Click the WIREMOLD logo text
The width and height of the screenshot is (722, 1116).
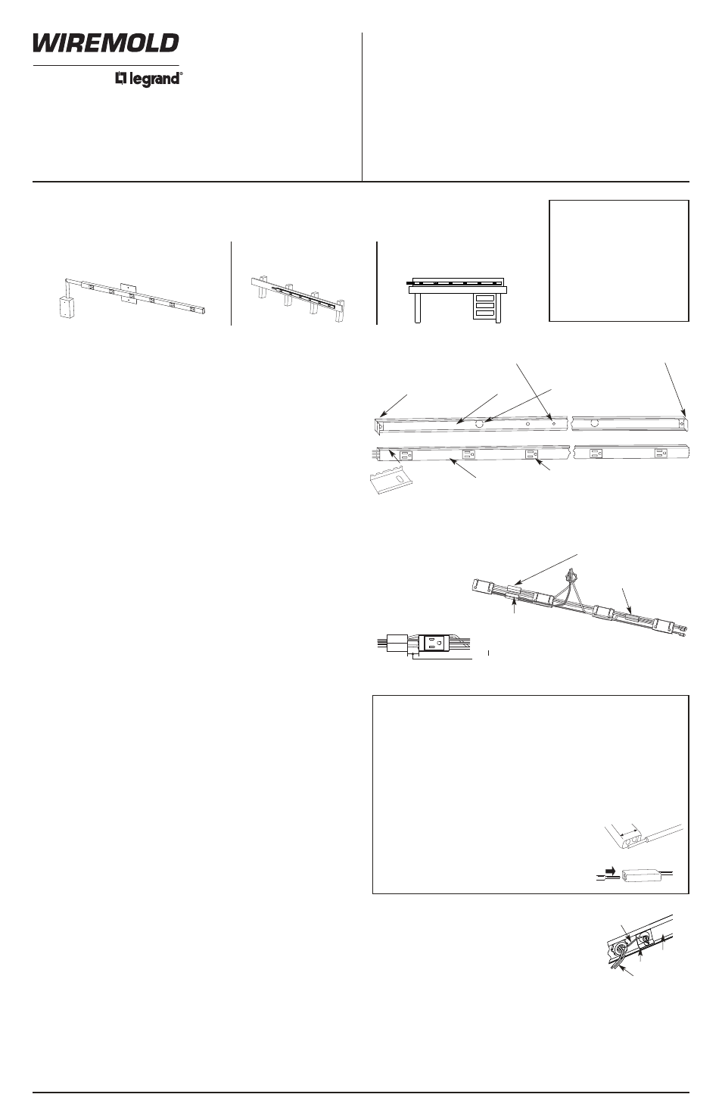click(x=105, y=44)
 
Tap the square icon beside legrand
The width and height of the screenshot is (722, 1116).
click(x=120, y=77)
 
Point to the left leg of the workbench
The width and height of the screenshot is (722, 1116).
click(x=417, y=308)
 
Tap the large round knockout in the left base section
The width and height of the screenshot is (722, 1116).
click(x=480, y=426)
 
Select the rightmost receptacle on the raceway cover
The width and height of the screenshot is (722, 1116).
click(x=661, y=453)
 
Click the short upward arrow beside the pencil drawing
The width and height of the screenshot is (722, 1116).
click(x=662, y=941)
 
